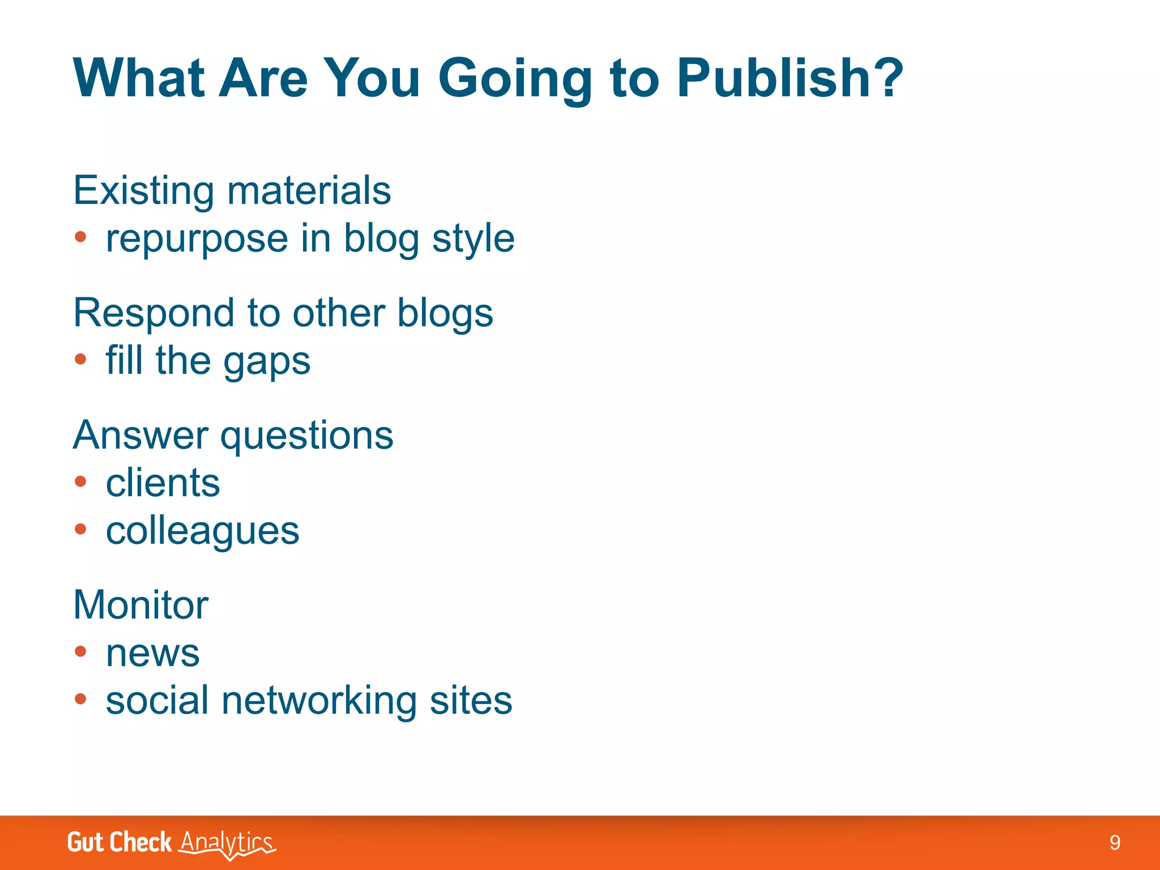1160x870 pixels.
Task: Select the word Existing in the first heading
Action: (x=144, y=191)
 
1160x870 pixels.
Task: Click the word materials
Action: (x=309, y=191)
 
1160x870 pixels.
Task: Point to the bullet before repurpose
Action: (x=80, y=237)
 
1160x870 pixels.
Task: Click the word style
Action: (x=474, y=239)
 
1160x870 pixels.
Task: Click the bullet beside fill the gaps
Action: (x=80, y=359)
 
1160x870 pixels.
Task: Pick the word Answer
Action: (x=141, y=436)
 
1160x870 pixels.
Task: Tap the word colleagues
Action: (x=203, y=532)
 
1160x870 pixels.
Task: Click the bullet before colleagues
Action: (x=80, y=529)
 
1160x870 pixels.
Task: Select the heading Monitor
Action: (x=141, y=605)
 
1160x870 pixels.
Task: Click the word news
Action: (x=153, y=653)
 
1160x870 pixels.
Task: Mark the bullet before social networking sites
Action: (x=80, y=699)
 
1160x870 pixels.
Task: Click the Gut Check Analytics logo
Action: (x=171, y=843)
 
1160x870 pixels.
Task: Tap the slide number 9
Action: (x=1115, y=843)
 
